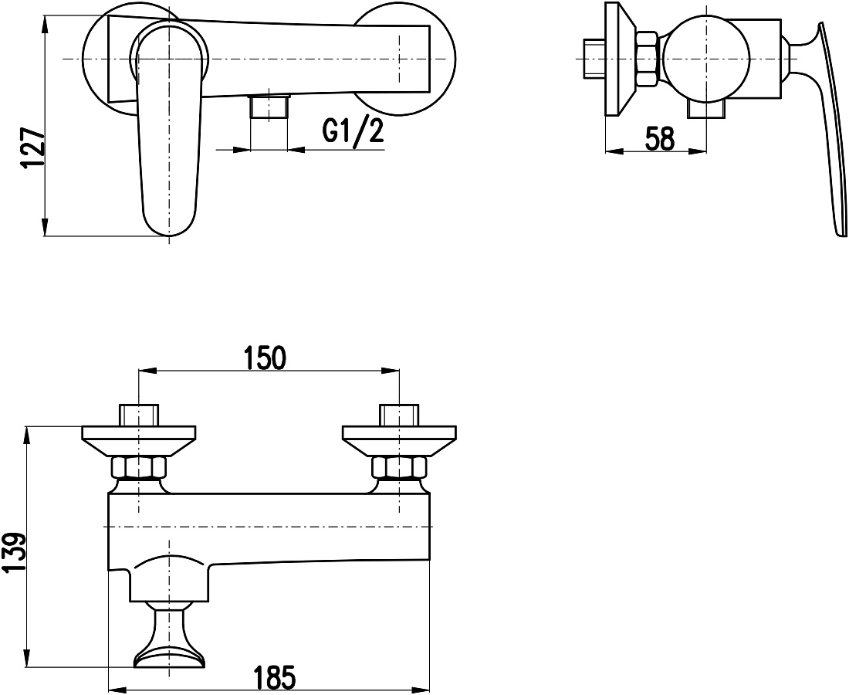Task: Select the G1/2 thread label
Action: (x=353, y=131)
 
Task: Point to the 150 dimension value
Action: (x=264, y=358)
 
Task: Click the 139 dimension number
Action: (x=15, y=553)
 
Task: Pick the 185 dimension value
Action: (x=275, y=676)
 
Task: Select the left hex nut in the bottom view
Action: (x=139, y=468)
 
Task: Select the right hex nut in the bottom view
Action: (x=398, y=468)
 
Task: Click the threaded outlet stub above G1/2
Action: (x=269, y=106)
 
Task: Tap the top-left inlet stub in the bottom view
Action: (x=139, y=415)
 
